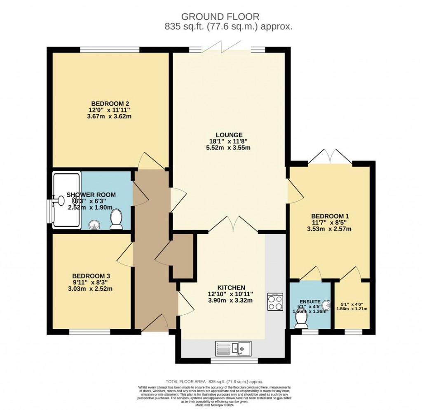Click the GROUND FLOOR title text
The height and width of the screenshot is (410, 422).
(x=220, y=16)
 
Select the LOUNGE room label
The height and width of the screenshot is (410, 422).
(x=229, y=134)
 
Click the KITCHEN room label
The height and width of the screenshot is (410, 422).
(x=231, y=287)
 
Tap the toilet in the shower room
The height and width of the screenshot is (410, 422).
(x=116, y=219)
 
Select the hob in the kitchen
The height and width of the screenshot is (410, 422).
(x=275, y=301)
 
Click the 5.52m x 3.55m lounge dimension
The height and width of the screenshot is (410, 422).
(x=229, y=147)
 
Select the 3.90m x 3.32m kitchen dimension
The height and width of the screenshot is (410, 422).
(x=231, y=300)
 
